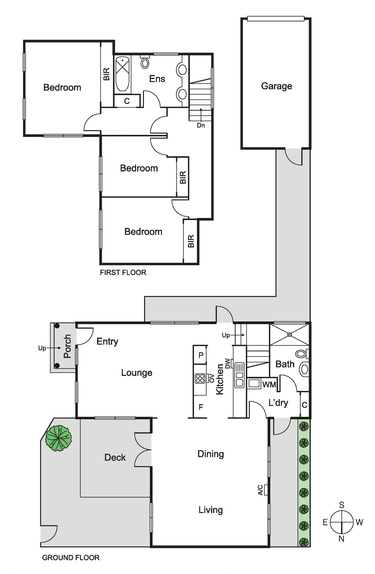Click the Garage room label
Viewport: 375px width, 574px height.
[x=276, y=86]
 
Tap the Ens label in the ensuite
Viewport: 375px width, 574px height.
[x=157, y=79]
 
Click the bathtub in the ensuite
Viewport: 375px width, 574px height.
[x=123, y=74]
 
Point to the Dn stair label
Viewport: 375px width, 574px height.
[x=201, y=125]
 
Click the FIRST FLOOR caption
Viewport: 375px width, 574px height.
[x=123, y=273]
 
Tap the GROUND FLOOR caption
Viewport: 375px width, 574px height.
[x=71, y=558]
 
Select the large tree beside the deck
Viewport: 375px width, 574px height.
[x=58, y=438]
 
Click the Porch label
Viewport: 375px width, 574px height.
[x=67, y=346]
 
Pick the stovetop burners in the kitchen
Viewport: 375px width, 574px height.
[x=200, y=378]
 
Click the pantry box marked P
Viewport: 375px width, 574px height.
[x=201, y=355]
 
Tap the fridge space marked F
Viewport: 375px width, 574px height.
[x=201, y=407]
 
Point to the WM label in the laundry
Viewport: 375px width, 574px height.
[x=269, y=384]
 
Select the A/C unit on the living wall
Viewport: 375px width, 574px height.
[x=265, y=490]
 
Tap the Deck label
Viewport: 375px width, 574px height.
[x=115, y=457]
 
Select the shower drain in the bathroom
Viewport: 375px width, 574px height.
[x=290, y=335]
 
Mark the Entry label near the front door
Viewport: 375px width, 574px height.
[x=107, y=341]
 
